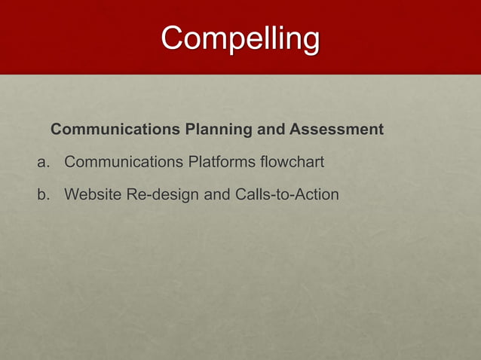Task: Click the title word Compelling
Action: coord(240,38)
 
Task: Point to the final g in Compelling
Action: coord(310,41)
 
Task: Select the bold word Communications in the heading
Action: coord(115,130)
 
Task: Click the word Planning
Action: coord(219,130)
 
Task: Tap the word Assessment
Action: coord(336,130)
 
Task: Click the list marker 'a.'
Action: coord(44,163)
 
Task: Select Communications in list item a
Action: coord(124,162)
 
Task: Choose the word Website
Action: coord(93,194)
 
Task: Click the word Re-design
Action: coord(162,195)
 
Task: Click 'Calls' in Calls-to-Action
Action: coord(254,194)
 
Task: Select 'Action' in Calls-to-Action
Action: coord(317,194)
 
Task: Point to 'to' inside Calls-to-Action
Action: coord(284,194)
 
